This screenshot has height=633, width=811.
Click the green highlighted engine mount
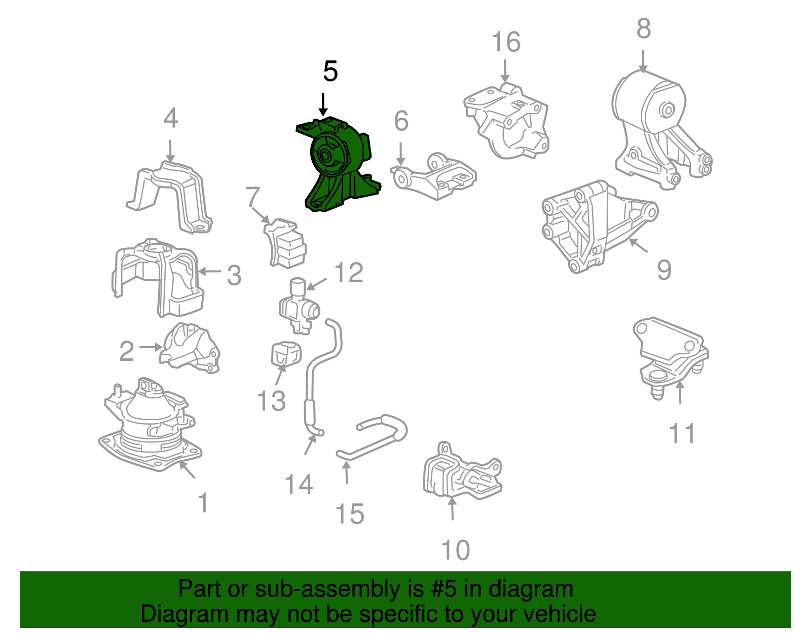click(338, 164)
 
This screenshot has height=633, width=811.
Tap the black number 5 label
click(330, 71)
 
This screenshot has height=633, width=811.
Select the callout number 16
click(506, 42)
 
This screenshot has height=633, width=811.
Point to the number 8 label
click(644, 28)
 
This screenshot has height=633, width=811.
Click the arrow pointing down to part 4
click(170, 151)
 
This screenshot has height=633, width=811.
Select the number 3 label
click(234, 275)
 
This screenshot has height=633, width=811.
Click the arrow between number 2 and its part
click(151, 347)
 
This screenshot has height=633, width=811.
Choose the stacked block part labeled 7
click(284, 244)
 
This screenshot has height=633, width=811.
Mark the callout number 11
click(682, 433)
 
